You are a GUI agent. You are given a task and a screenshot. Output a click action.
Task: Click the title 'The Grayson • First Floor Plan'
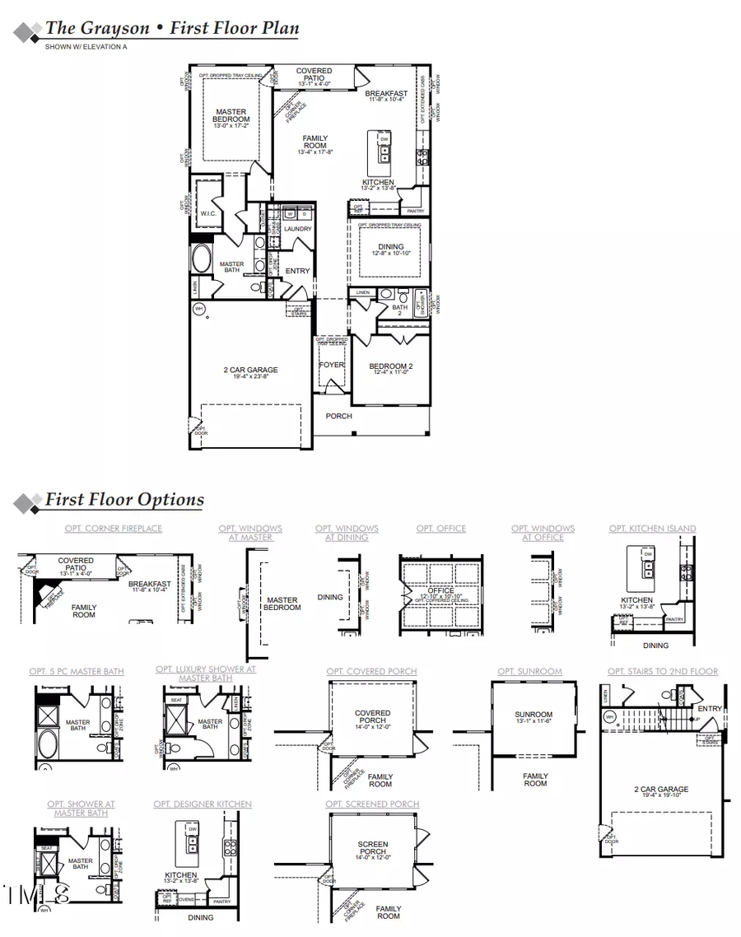[171, 28]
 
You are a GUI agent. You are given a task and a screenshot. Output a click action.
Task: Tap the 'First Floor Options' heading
[124, 499]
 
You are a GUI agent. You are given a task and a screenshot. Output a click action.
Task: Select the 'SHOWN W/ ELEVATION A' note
[86, 48]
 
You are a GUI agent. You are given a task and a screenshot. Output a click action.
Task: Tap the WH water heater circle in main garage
[198, 309]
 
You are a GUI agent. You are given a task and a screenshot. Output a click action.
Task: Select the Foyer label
[331, 365]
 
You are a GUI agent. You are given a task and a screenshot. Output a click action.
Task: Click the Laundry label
[297, 229]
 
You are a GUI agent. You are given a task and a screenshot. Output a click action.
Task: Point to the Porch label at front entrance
[338, 416]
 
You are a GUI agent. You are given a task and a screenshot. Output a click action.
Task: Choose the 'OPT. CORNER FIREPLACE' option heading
[114, 529]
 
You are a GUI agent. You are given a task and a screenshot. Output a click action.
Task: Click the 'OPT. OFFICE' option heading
[440, 529]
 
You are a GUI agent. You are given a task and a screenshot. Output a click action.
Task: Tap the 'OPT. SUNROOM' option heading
[529, 672]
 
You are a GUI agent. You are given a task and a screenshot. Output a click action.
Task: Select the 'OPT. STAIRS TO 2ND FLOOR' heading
[663, 672]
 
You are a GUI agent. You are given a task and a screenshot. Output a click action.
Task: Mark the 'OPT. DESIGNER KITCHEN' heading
[203, 804]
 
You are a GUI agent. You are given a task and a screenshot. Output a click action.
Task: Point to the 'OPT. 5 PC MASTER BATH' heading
[77, 672]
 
